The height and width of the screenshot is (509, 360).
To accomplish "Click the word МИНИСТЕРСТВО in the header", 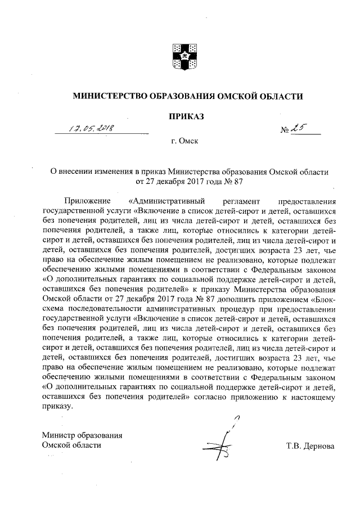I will click(106, 96).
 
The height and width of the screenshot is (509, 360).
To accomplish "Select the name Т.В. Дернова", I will click(310, 445).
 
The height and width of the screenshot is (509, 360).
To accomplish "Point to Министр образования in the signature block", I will click(82, 435).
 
